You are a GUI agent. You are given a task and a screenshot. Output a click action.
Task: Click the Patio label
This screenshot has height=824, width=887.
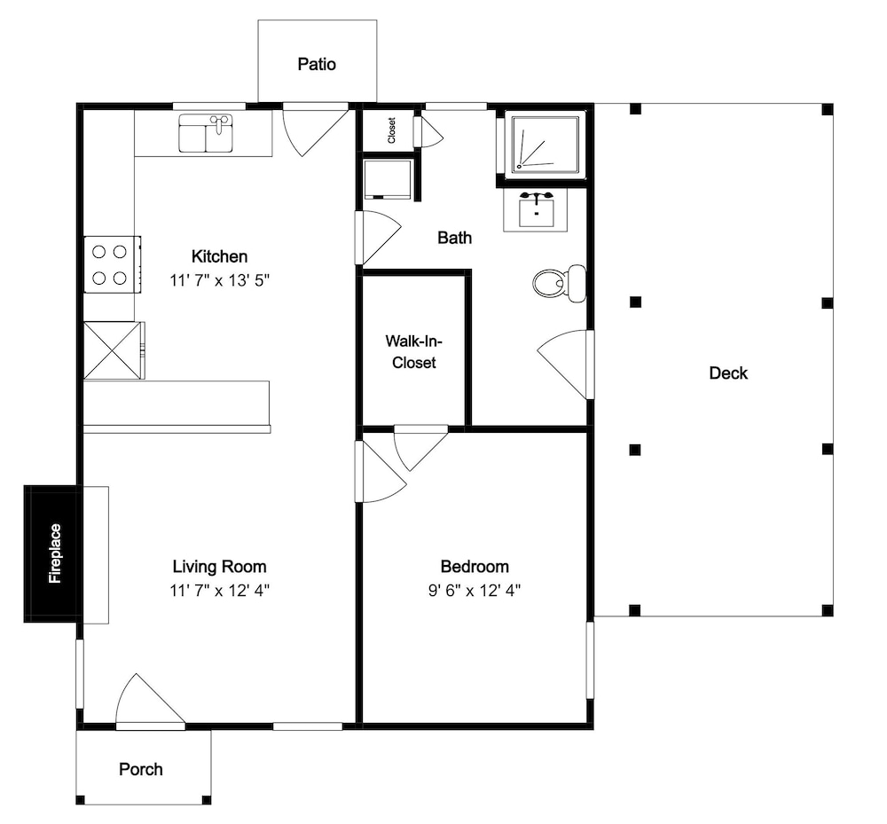(317, 64)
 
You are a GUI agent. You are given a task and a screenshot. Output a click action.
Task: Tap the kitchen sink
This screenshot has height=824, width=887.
(206, 133)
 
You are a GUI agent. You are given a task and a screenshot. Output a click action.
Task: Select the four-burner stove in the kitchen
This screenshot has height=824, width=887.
(112, 264)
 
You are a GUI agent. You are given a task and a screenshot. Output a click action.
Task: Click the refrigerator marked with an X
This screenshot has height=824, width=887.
(114, 350)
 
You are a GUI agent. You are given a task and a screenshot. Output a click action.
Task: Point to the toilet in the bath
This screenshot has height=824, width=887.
(560, 283)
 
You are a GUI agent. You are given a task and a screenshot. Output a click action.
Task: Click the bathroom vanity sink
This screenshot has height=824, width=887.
(535, 209)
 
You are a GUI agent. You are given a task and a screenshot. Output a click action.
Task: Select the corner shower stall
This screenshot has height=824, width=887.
(546, 144)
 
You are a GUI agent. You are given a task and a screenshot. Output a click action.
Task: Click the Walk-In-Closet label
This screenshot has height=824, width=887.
(414, 352)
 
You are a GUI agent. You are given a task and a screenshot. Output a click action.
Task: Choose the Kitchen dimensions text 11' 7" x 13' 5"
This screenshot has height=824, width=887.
(219, 280)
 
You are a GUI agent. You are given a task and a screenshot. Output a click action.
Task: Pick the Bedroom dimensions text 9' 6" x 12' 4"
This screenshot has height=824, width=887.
(475, 591)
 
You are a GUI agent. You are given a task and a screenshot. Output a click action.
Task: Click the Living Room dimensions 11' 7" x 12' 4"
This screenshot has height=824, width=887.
(219, 591)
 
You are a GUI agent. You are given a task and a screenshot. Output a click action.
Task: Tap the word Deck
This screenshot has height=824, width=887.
(728, 373)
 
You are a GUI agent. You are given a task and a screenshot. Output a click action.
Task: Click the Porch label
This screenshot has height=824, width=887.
(141, 769)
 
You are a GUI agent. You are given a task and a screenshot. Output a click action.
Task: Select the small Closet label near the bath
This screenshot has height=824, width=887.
(391, 130)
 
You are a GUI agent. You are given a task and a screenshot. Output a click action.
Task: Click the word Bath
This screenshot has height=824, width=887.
(455, 238)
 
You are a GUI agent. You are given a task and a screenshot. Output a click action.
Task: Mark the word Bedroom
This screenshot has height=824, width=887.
(475, 567)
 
